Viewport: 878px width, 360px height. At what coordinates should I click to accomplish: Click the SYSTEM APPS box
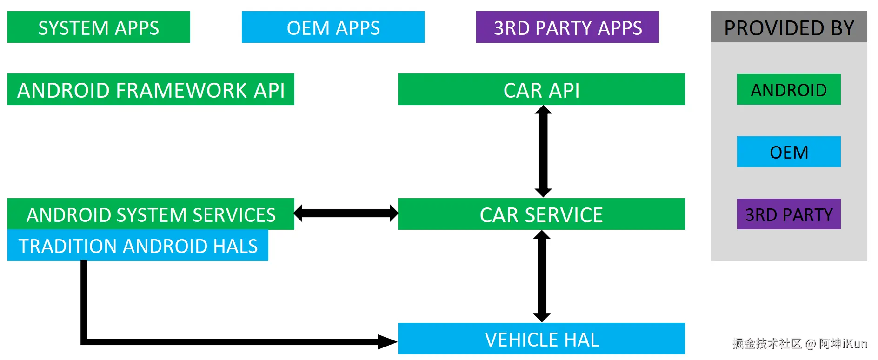coord(99,27)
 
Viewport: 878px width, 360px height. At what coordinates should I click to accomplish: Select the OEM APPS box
coord(333,27)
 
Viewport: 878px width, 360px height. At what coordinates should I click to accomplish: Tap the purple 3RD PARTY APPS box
coord(567,27)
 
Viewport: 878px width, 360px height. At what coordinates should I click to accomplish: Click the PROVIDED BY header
coord(789,27)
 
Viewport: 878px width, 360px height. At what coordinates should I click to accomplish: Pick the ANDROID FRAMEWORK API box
coord(151,90)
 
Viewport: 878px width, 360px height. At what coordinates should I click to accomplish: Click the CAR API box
coord(541,90)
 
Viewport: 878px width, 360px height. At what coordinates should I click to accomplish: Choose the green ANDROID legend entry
coord(789,90)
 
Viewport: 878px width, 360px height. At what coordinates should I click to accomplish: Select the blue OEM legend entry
coord(789,152)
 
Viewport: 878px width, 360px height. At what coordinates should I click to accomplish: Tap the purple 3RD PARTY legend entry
coord(789,214)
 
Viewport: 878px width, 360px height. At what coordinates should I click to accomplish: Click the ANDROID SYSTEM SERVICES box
coord(151,214)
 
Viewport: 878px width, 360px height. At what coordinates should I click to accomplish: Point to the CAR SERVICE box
coord(541,214)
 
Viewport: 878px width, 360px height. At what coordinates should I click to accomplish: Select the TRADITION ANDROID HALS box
coord(138,246)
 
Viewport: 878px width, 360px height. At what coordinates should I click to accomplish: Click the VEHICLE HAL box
coord(541,339)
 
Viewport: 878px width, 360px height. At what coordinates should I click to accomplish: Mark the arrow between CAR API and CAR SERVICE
coord(543,151)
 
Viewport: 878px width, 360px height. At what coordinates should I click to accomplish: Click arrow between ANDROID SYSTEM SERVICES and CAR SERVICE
coord(346,213)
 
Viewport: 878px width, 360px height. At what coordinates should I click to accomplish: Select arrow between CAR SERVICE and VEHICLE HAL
coord(542,276)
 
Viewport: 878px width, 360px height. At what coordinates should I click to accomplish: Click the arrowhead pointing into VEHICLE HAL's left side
coord(387,342)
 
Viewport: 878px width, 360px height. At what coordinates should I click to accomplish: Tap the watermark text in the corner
coord(800,344)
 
